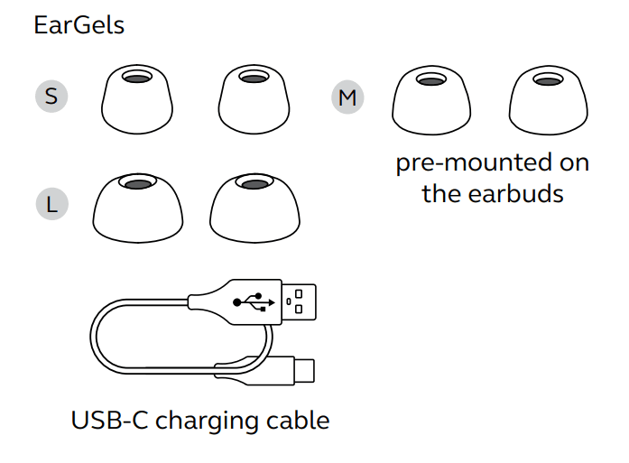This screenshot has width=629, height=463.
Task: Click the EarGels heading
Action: tap(79, 25)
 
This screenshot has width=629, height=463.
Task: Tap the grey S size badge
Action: tap(51, 96)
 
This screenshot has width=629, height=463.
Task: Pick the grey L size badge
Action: tap(51, 204)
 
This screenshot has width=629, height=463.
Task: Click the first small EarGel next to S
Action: tap(136, 98)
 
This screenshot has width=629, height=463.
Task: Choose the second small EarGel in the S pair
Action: tap(253, 98)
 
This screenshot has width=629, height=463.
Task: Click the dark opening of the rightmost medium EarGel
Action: tap(545, 80)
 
